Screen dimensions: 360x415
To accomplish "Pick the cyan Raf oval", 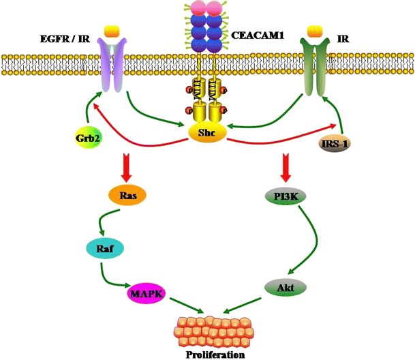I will tap(104, 250).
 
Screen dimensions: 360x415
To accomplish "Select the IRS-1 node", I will tap(335, 142).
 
